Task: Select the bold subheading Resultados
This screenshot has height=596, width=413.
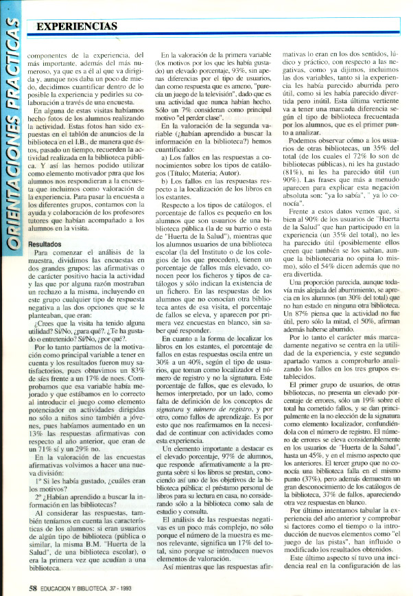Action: coord(45,243)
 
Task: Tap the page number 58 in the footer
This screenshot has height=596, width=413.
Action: coord(32,586)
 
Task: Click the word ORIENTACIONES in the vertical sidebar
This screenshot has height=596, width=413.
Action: coord(12,151)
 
